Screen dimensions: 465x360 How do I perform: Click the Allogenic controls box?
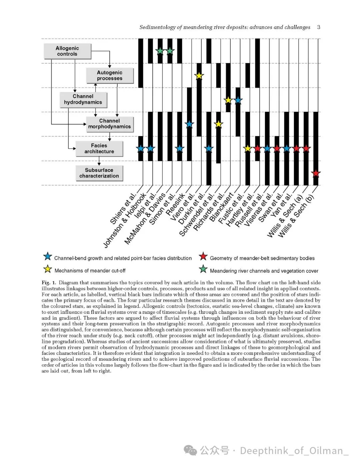[67, 51]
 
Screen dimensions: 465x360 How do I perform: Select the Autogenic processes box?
[110, 75]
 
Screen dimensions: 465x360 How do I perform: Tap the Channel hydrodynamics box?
[83, 99]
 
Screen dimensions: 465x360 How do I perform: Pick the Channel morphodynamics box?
[109, 124]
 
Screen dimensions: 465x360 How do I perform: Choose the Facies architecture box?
[99, 149]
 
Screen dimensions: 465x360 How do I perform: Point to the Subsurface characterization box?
[99, 173]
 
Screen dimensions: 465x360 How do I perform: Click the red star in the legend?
[203, 256]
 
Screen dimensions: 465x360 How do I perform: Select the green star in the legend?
[203, 269]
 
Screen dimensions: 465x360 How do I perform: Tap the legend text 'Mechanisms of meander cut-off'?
[90, 271]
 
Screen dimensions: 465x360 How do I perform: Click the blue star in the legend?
[48, 256]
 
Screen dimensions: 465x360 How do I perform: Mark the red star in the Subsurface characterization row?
[316, 174]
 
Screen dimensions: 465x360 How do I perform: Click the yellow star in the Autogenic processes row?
[199, 76]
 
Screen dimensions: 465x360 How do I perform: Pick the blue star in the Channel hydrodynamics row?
[238, 100]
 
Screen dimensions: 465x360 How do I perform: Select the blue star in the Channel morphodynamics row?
[189, 125]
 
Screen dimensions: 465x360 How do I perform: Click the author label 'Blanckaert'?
[226, 208]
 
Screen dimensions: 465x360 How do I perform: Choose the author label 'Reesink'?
[175, 205]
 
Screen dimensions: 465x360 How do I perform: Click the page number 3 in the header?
[319, 27]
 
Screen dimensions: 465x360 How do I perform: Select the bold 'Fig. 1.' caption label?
[49, 283]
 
